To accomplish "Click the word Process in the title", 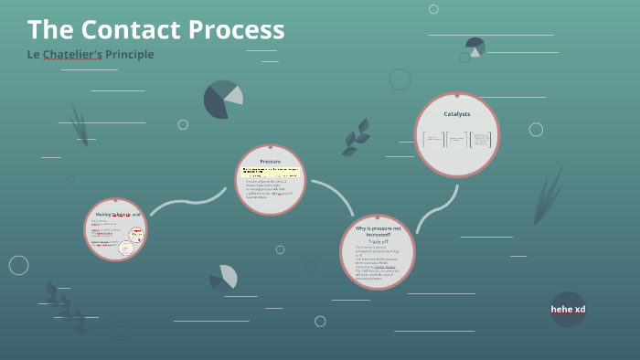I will pyautogui.click(x=237, y=30).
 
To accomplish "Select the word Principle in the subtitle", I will pyautogui.click(x=130, y=55).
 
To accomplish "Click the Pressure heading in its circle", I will pyautogui.click(x=271, y=161).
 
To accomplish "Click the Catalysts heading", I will pyautogui.click(x=456, y=113).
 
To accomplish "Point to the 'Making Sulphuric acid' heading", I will pyautogui.click(x=118, y=214).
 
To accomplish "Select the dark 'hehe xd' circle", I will pyautogui.click(x=568, y=309).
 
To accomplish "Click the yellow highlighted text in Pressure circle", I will pyautogui.click(x=271, y=171).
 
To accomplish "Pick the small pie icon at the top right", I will pyautogui.click(x=475, y=47).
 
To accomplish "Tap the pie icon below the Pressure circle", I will pyautogui.click(x=224, y=278).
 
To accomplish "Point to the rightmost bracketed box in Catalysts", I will pyautogui.click(x=480, y=139).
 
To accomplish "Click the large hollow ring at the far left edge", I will pyautogui.click(x=19, y=265).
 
